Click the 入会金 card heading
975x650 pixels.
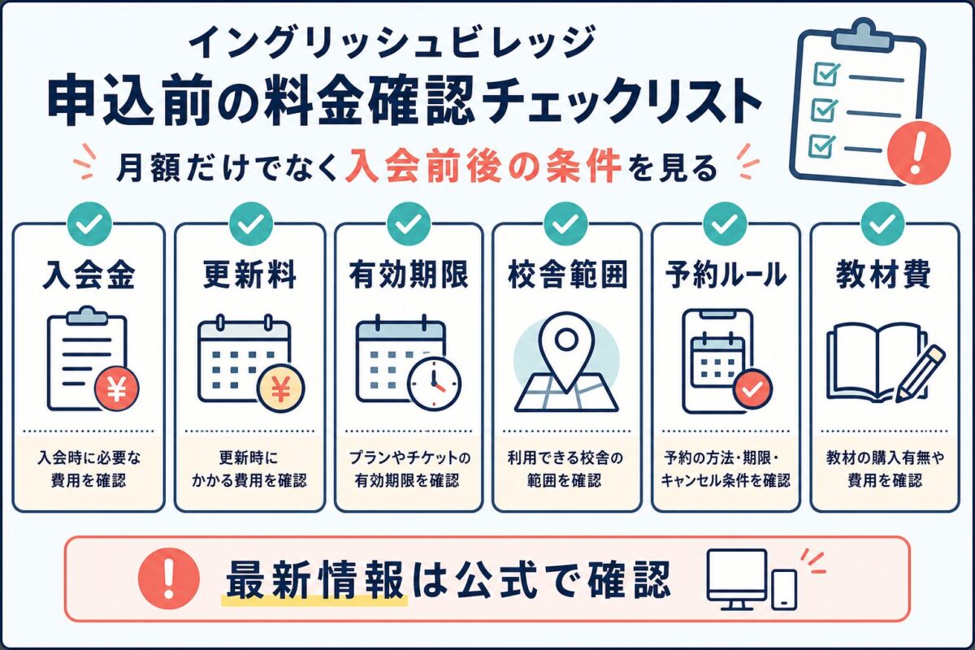pos(89,275)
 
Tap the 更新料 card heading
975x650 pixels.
pos(250,275)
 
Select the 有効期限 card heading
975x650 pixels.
pos(409,275)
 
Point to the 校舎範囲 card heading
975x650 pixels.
pos(567,275)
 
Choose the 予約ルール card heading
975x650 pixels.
pos(726,275)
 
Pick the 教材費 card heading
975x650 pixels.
pos(884,275)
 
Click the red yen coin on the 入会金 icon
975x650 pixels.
pos(117,388)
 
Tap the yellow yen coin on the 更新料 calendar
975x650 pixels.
pos(281,388)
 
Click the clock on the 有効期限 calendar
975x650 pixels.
pos(434,384)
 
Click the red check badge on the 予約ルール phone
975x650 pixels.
pos(752,388)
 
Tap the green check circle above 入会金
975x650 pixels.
pos(90,223)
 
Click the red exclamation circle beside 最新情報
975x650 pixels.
pos(169,578)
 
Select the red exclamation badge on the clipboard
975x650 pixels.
pos(919,152)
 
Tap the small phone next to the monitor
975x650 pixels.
pos(784,590)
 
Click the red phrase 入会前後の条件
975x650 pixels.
pos(483,167)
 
